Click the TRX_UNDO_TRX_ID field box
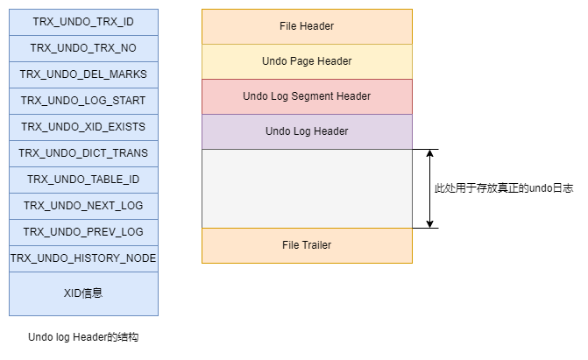(83, 22)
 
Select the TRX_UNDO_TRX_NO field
(83, 48)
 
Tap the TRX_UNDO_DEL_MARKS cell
(83, 74)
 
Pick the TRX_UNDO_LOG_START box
(83, 101)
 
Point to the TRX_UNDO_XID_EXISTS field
(83, 127)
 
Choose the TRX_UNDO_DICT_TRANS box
(83, 153)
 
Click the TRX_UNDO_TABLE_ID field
(83, 180)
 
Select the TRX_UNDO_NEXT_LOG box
(83, 206)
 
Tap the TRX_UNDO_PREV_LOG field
(83, 232)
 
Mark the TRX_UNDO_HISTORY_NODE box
(83, 258)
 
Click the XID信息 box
(83, 293)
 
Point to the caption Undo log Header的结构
(83, 337)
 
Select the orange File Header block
(307, 26)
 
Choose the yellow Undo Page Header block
(307, 61)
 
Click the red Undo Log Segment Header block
(307, 96)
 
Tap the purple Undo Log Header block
(307, 131)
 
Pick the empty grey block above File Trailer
(307, 188)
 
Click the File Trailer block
(307, 245)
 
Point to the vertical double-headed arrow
(429, 188)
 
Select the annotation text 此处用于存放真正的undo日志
(504, 188)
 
